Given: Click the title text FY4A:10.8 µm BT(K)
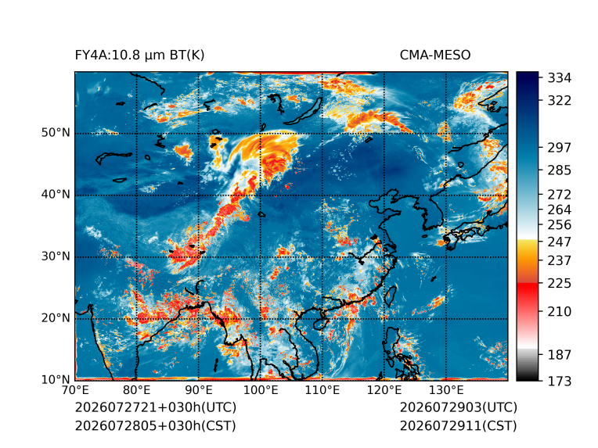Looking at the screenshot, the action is (x=139, y=56).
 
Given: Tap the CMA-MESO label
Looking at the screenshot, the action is (x=435, y=56).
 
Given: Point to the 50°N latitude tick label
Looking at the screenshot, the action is (x=56, y=133).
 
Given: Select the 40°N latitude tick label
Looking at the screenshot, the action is (x=56, y=195).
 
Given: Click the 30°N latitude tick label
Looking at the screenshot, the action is (x=56, y=256).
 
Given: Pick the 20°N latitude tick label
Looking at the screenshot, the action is (x=56, y=318).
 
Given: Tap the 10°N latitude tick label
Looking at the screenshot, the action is (x=56, y=380).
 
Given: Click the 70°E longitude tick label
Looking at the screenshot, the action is (x=75, y=390).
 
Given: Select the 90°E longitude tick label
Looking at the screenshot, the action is (x=198, y=390).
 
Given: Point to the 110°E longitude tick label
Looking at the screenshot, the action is (x=322, y=390).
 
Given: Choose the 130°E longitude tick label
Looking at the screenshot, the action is (x=446, y=390).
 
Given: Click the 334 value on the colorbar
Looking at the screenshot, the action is (x=560, y=78).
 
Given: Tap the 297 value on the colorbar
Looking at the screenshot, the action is (x=560, y=148).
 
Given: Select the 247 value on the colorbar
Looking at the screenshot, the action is (x=560, y=242).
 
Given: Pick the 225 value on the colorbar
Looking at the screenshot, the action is (x=560, y=284).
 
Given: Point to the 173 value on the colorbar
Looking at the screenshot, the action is (x=560, y=381).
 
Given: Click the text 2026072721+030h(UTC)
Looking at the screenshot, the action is (x=156, y=407).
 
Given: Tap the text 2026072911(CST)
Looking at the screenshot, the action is (x=459, y=426).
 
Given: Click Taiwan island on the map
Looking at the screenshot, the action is (x=390, y=296).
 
